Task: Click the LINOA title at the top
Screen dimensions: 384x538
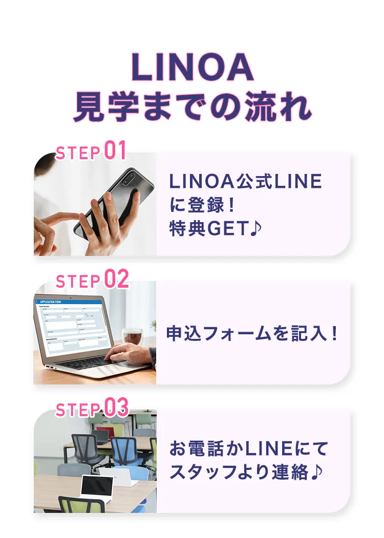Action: coord(193,67)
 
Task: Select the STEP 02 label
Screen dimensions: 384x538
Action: coord(92,279)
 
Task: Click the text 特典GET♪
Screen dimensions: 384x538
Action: coord(216,228)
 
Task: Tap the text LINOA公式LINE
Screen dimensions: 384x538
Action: coord(246,181)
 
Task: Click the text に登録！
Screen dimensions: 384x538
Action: coord(202,205)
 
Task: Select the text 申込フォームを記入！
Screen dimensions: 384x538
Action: coord(252,333)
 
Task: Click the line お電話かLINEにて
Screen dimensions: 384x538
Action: coord(249,449)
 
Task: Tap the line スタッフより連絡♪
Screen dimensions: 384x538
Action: coord(246,472)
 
